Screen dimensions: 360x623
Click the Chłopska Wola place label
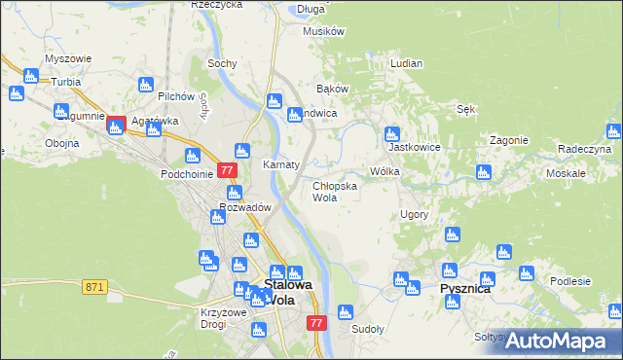pos(335,191)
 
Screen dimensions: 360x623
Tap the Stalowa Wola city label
pos(288,292)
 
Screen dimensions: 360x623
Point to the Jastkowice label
pos(410,148)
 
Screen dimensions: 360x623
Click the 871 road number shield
pos(94,286)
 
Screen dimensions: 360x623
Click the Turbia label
pos(66,82)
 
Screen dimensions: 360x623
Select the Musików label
pos(324,31)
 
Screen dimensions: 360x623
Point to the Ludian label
pos(406,63)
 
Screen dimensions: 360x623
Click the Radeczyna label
pos(584,149)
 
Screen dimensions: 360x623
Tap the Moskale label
pos(566,172)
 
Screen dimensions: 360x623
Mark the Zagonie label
pos(508,139)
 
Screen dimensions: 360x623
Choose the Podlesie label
pos(570,281)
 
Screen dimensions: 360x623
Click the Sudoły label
pos(368,329)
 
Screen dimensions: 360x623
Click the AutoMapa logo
pos(556,341)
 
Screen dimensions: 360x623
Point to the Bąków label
pos(333,89)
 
